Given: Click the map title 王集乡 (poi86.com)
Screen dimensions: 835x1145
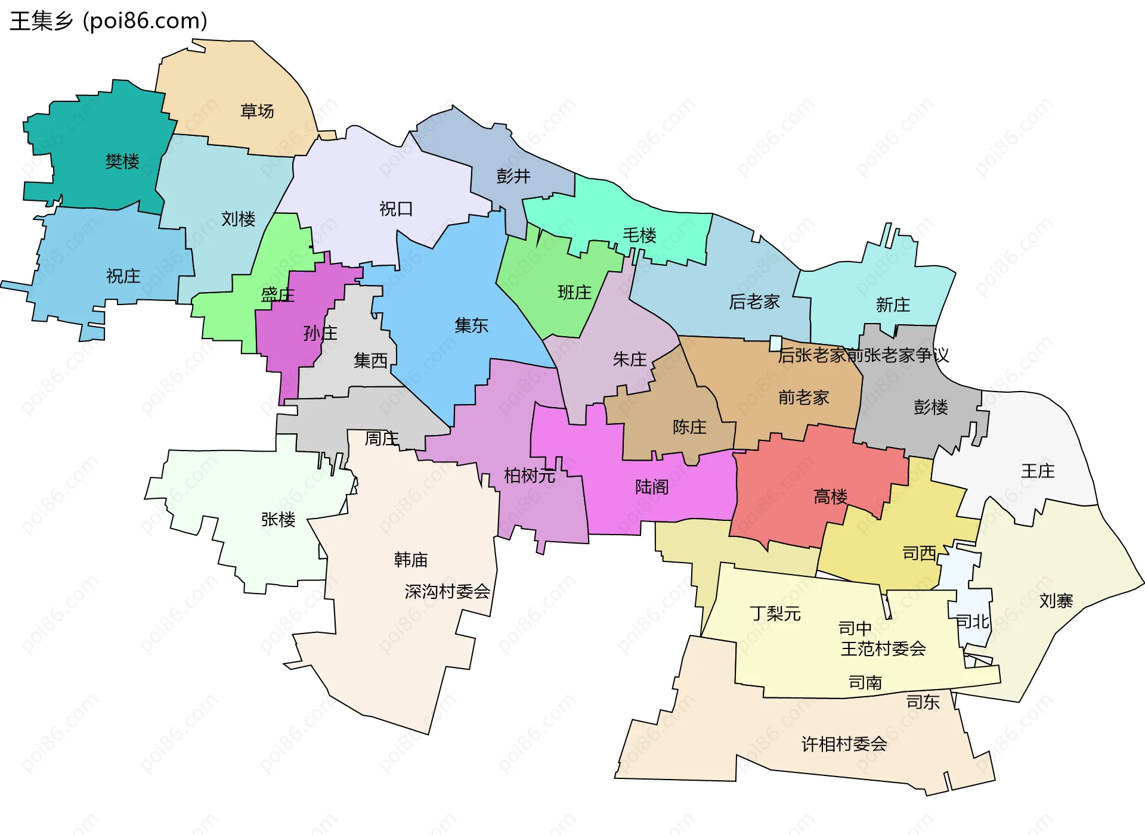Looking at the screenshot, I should point(109,21).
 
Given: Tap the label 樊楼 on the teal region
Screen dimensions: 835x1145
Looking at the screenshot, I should point(122,161).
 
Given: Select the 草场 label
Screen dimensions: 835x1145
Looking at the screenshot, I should point(257,111).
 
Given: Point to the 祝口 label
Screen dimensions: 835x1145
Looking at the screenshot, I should point(396,209).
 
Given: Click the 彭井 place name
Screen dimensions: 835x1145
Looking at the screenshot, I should point(513,176).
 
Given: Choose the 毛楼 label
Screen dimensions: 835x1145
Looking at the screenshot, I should point(639,235).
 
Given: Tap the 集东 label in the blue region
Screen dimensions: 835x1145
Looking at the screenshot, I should point(471,325).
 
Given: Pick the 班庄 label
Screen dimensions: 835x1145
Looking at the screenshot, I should point(574,292).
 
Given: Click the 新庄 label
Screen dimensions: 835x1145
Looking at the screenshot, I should point(893,305).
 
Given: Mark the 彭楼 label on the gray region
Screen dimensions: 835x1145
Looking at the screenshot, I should point(931,407).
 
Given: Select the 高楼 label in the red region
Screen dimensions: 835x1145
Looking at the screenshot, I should point(831,496).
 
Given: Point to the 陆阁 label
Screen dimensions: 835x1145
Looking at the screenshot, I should point(652,487).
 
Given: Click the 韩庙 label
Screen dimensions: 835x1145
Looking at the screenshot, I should point(411,560).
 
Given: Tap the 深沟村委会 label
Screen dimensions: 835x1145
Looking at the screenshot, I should point(447,591).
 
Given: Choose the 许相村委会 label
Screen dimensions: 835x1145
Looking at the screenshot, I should point(844,744).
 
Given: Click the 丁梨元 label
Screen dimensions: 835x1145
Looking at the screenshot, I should point(775,613).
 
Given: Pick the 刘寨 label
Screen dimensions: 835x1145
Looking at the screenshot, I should point(1056,600).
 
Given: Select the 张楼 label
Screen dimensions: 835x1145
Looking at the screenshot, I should point(278,519).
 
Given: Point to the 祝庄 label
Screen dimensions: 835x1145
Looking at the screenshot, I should point(123,276).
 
